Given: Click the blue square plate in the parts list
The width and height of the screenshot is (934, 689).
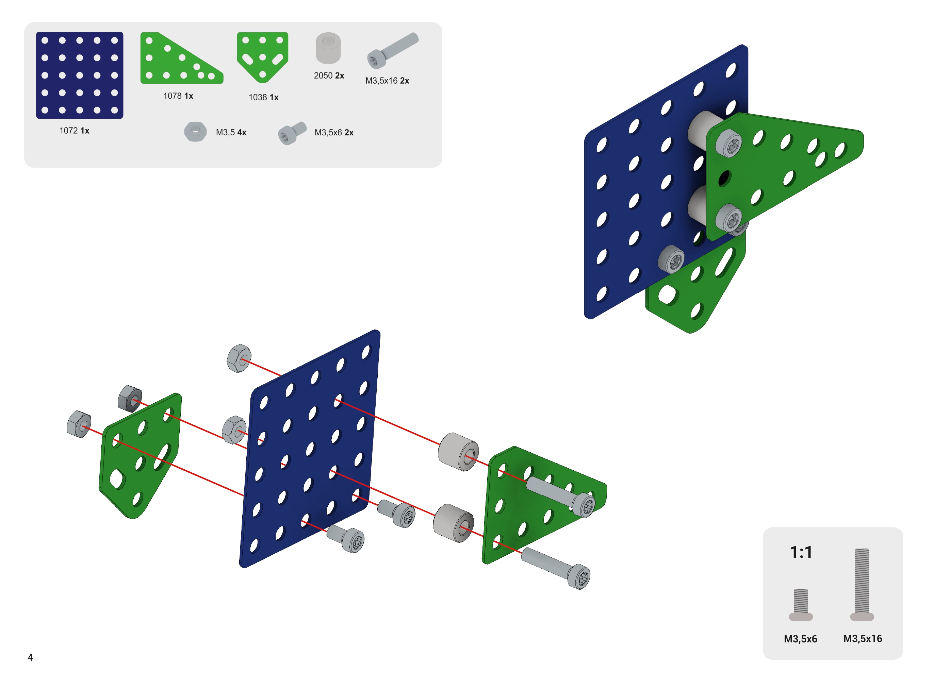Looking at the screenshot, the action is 80,75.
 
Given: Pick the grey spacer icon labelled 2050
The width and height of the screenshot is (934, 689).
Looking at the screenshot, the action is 328,48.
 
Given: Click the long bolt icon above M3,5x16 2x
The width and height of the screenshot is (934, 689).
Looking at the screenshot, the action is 393,50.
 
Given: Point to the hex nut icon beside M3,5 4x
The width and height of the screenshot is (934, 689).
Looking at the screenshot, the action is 195,132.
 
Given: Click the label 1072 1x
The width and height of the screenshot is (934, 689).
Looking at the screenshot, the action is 74,131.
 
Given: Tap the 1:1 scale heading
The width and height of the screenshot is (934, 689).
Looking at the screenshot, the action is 801,552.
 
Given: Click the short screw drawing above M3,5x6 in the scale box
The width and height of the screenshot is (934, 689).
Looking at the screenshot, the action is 801,604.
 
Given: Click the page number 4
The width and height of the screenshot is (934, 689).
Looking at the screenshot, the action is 30,657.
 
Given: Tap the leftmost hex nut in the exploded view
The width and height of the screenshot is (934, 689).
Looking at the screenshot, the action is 79,424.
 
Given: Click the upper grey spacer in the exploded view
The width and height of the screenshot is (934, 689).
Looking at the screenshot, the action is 458,452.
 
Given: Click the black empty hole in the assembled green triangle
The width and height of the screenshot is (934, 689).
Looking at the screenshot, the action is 724,178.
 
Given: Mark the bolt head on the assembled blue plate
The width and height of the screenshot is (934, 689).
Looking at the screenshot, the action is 671,259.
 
